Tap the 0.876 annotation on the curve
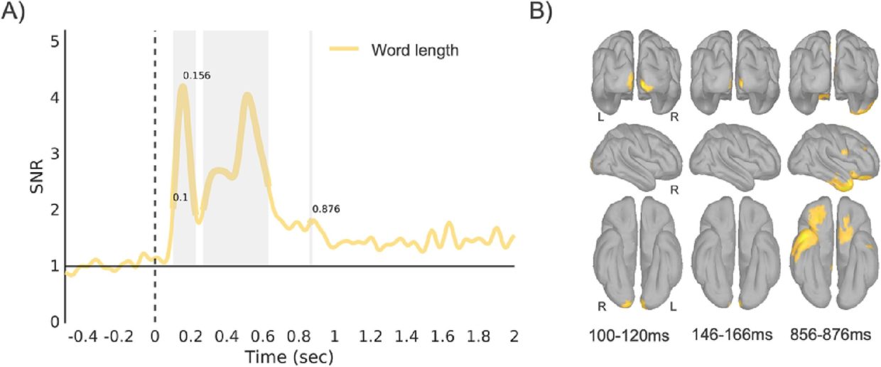click(x=326, y=209)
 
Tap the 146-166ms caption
click(x=732, y=335)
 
